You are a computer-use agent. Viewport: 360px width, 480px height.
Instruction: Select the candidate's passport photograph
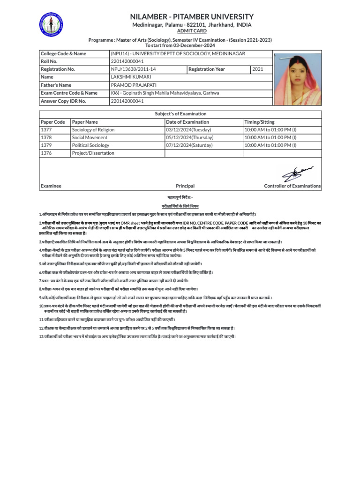pyautogui.click(x=297, y=79)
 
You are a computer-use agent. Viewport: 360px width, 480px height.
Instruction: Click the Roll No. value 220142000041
pyautogui.click(x=127, y=61)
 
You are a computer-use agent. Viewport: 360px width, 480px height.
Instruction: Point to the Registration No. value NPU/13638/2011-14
pyautogui.click(x=133, y=69)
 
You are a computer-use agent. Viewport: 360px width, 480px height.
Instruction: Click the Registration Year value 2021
pyautogui.click(x=258, y=69)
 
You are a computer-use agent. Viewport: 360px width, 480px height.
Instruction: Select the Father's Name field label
pyautogui.click(x=56, y=85)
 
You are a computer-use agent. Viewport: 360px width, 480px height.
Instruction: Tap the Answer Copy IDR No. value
pyautogui.click(x=127, y=101)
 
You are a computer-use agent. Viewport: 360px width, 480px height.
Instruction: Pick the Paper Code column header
pyautogui.click(x=52, y=122)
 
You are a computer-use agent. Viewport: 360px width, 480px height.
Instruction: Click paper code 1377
pyautogui.click(x=46, y=130)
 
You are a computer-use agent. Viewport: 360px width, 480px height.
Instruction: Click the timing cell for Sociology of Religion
pyautogui.click(x=270, y=130)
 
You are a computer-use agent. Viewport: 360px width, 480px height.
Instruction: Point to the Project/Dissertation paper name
pyautogui.click(x=93, y=153)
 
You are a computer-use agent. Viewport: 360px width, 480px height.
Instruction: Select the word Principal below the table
pyautogui.click(x=185, y=186)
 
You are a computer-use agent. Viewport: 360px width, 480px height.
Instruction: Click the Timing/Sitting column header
pyautogui.click(x=260, y=122)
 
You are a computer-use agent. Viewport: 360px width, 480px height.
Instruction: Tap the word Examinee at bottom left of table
pyautogui.click(x=51, y=186)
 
